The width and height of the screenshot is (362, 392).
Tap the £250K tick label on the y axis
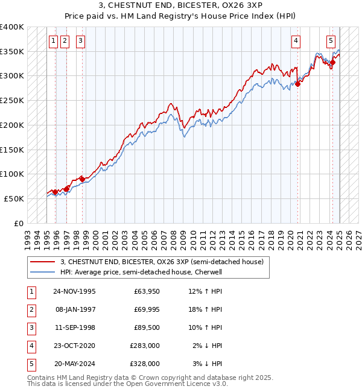coord(12,100)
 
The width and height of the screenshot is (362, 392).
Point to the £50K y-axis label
coord(14,198)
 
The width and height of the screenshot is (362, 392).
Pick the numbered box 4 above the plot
coord(296,41)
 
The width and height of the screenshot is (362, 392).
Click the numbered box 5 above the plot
coord(331,41)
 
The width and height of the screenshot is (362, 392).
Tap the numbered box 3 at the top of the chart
coord(80,41)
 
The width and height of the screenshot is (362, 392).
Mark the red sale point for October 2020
coord(298,84)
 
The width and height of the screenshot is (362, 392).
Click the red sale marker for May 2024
coord(332,62)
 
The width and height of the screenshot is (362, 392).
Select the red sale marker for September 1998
coord(82,179)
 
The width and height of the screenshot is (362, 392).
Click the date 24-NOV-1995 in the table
coord(74,292)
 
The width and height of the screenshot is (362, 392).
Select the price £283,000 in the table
coord(145,346)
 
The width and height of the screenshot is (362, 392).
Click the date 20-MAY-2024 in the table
coord(75,364)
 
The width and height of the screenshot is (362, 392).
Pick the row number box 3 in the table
coord(31,328)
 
